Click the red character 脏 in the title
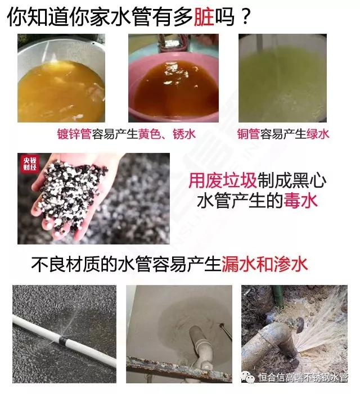pos(204,17)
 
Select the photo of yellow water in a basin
pos(61,78)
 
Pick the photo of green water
pos(282,78)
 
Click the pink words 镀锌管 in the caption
pos(74,134)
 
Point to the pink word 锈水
pos(184,134)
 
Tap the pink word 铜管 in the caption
pos(249,134)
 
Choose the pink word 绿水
pos(318,134)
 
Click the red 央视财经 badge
pos(30,164)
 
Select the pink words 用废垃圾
pos(223,180)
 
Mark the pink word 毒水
pos(301,201)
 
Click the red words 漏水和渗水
pos(264,264)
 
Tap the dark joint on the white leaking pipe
pos(61,341)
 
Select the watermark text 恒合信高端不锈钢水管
pos(303,378)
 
